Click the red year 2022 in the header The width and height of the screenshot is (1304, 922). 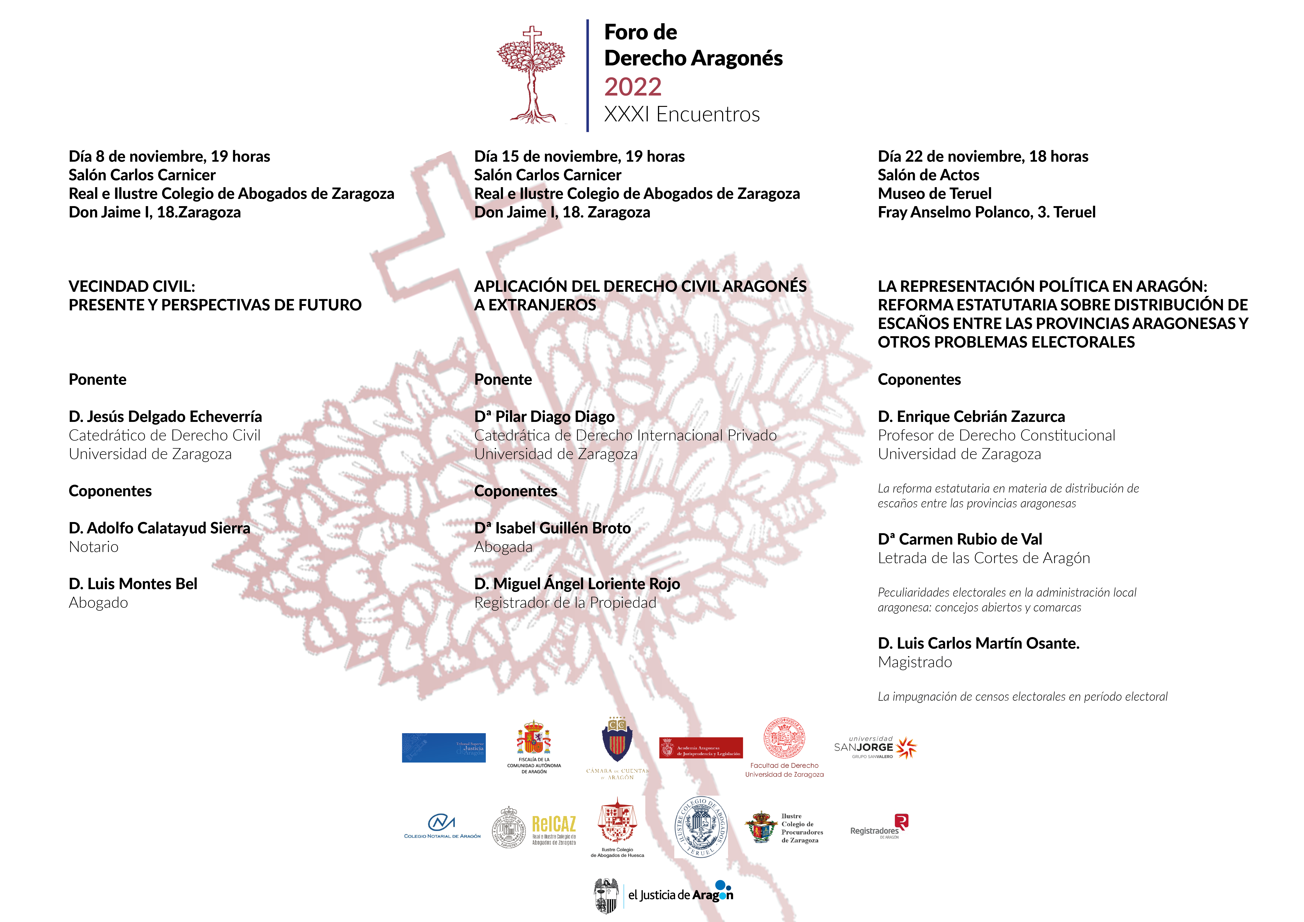pos(633,87)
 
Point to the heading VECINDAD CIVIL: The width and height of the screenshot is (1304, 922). pos(132,286)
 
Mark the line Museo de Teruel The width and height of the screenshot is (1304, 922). pos(934,194)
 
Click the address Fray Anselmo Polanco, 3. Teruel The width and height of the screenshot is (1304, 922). pos(987,212)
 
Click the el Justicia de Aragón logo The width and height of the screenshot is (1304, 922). pos(663,895)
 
